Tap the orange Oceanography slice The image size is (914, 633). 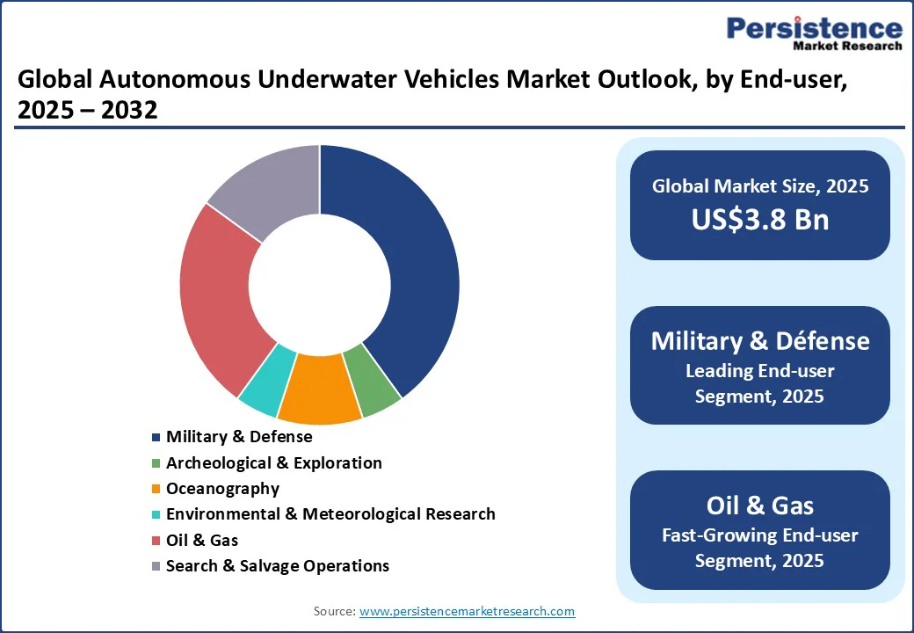[318, 390]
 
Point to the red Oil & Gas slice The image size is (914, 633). [216, 290]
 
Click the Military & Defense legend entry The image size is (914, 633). [238, 437]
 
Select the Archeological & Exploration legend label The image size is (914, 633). [273, 462]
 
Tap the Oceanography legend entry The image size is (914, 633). [222, 488]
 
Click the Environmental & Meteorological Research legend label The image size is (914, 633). [330, 514]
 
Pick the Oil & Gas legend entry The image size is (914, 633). [201, 540]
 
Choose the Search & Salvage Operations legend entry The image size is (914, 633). [277, 565]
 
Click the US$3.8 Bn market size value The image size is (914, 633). [760, 219]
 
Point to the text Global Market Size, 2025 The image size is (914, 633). [760, 186]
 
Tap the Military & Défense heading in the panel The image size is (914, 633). [760, 341]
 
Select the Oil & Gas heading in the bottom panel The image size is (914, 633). [760, 506]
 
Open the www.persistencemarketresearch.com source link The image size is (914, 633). [468, 611]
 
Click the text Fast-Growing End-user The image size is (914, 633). [760, 535]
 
